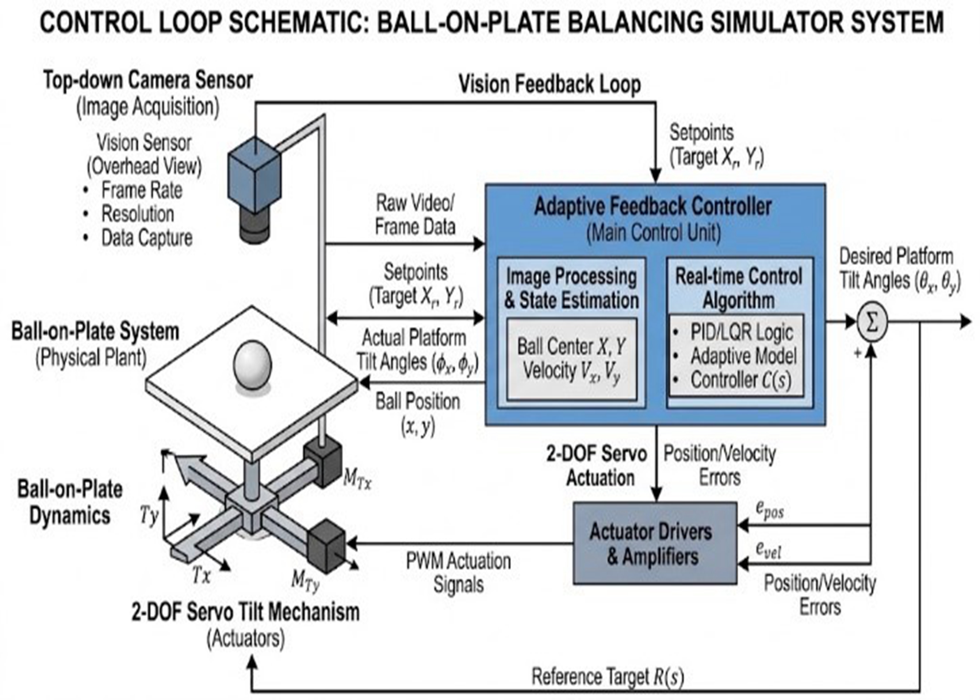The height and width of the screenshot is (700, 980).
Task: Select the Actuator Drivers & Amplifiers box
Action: tap(654, 544)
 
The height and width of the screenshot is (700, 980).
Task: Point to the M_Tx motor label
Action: tap(357, 479)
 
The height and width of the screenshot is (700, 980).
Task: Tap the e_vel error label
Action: tap(768, 551)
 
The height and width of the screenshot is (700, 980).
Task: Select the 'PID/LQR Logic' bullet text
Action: tap(741, 332)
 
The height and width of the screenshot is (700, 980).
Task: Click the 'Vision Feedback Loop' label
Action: tap(550, 84)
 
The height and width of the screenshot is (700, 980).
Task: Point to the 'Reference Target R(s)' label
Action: tap(608, 676)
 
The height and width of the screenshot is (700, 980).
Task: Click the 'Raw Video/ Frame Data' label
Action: tap(415, 215)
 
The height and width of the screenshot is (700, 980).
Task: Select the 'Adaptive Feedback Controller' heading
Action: tap(653, 207)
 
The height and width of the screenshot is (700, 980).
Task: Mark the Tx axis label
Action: tap(201, 575)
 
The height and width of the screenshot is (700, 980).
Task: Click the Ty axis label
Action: tap(149, 515)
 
